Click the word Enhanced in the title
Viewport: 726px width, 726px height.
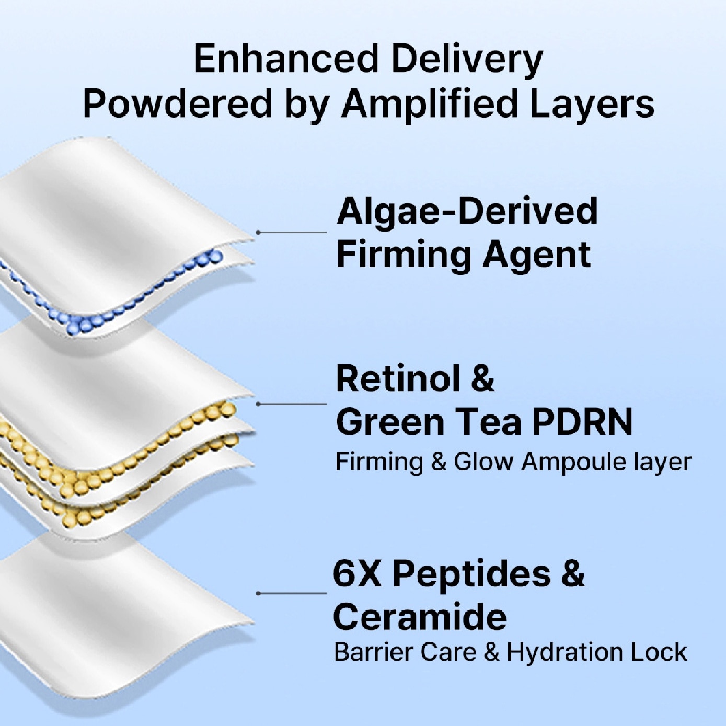(x=286, y=59)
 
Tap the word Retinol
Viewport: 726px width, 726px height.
(x=399, y=379)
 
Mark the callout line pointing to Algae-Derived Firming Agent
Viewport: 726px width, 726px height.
(x=292, y=233)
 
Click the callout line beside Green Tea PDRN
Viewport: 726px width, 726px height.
(x=292, y=404)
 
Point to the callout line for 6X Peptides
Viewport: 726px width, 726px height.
(x=292, y=593)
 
